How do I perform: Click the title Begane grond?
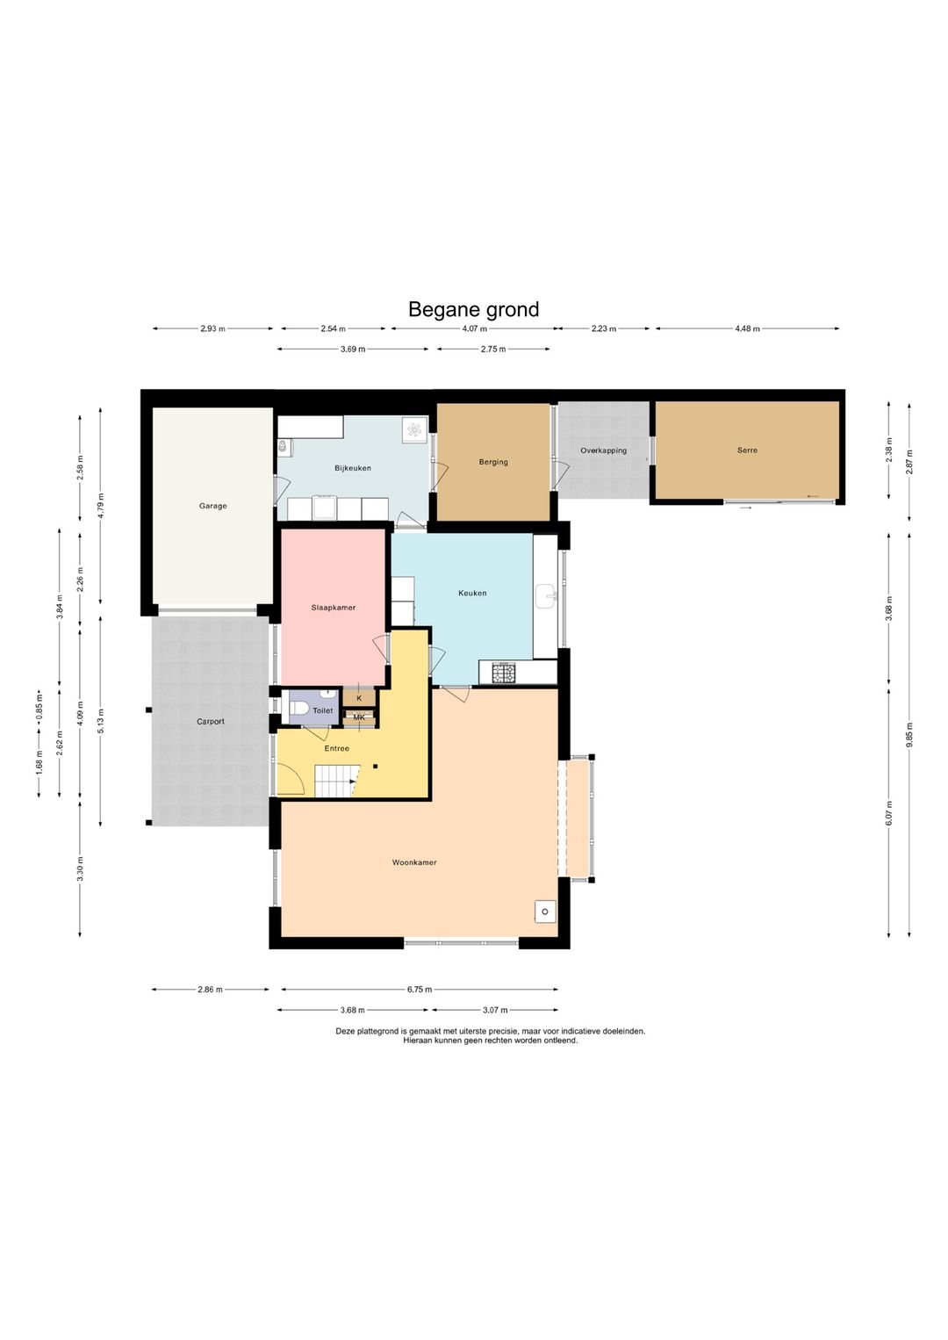pos(473,309)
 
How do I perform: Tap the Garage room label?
pos(213,506)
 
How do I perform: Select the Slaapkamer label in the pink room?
pos(334,607)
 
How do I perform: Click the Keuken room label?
pos(472,593)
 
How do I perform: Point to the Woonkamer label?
pos(414,862)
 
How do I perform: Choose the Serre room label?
pos(747,450)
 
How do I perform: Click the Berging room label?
pos(492,462)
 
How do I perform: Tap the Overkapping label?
pos(604,450)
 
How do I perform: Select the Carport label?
pos(211,721)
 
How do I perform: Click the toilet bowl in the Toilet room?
pos(298,710)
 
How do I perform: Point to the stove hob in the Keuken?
pos(503,673)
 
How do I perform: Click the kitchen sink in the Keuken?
pos(547,596)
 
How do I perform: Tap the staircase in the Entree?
pos(335,781)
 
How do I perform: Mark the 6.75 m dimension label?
pos(420,989)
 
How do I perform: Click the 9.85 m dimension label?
pos(909,735)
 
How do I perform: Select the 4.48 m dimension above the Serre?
pos(747,328)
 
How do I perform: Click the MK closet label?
pos(359,717)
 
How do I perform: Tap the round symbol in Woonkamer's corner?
pos(545,911)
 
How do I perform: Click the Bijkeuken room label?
pos(353,468)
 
